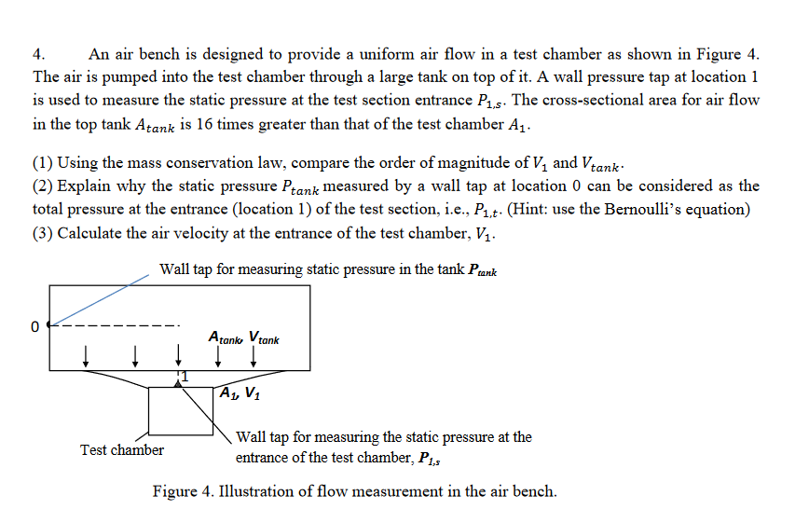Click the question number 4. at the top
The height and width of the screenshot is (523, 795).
(x=39, y=54)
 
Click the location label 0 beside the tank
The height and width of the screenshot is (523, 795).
(x=34, y=326)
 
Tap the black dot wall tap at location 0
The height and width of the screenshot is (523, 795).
(x=49, y=324)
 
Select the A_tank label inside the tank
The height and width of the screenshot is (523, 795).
(x=226, y=337)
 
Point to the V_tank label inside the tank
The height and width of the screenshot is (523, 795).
(x=264, y=337)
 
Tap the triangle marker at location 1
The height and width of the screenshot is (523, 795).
(x=177, y=384)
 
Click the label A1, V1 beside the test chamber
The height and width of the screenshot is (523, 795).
(x=240, y=393)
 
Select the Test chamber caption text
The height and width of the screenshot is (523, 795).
(x=122, y=450)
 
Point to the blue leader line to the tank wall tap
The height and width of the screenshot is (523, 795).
(x=100, y=300)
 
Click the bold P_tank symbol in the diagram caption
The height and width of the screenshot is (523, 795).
(x=483, y=270)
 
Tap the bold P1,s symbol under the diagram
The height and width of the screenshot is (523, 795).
(x=430, y=459)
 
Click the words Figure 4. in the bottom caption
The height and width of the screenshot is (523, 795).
(x=183, y=491)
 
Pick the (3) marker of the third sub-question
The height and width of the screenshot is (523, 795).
(x=43, y=233)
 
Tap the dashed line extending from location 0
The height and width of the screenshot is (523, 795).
(x=115, y=325)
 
